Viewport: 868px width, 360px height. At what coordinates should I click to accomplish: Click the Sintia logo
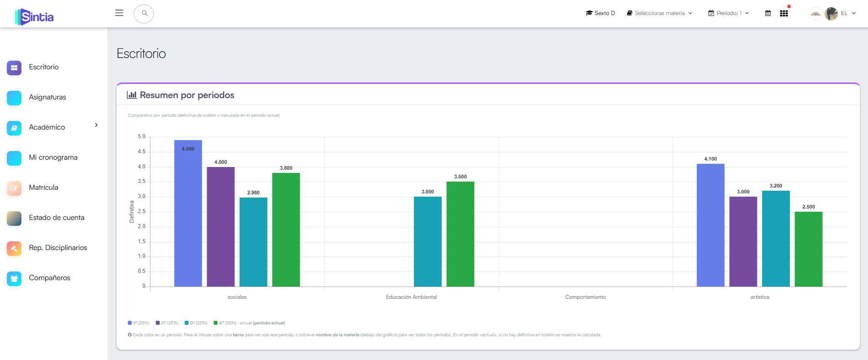click(x=34, y=17)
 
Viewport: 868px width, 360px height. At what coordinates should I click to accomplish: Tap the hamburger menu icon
click(x=119, y=13)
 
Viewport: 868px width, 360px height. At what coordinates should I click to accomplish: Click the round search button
click(x=144, y=14)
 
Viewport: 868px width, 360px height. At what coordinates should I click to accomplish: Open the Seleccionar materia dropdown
click(x=659, y=13)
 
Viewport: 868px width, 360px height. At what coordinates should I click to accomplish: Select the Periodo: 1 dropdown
click(x=728, y=13)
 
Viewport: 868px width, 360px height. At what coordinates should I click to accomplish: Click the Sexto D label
click(x=601, y=13)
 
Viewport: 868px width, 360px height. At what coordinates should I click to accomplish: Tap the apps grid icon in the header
click(x=784, y=13)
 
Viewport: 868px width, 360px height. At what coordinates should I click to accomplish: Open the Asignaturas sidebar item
click(x=47, y=97)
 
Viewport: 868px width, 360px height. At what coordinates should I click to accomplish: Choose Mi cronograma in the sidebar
click(x=53, y=157)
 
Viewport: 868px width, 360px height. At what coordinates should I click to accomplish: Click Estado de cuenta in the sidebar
click(x=57, y=218)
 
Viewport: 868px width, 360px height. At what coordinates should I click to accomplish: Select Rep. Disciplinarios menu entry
click(x=58, y=248)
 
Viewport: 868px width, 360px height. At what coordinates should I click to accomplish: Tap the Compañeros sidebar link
click(x=49, y=278)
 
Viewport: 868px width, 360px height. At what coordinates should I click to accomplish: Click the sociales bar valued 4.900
click(x=188, y=213)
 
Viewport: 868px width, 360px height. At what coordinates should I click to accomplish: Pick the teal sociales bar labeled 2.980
click(x=253, y=242)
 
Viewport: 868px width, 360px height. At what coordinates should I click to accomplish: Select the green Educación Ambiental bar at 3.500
click(x=460, y=234)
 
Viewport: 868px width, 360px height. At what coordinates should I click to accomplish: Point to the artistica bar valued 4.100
click(x=711, y=225)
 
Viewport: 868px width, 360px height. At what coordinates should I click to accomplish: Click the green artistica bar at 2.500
click(x=809, y=249)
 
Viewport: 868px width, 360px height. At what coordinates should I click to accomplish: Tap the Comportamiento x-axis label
click(x=586, y=297)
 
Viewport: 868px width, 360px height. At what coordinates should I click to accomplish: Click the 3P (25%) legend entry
click(x=196, y=323)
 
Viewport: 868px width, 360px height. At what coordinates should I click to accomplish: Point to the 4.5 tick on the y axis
click(x=141, y=151)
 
